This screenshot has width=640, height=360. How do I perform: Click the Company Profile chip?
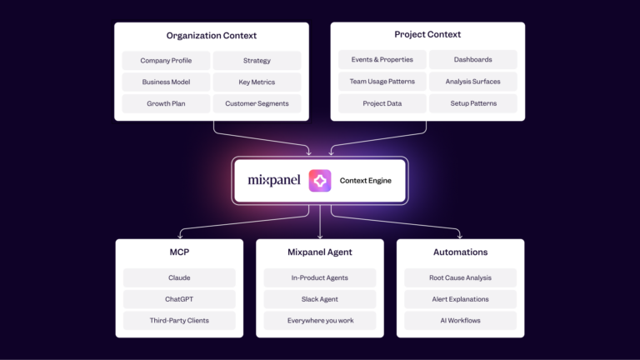pyautogui.click(x=166, y=60)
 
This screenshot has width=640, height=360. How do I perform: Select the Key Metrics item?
pyautogui.click(x=257, y=82)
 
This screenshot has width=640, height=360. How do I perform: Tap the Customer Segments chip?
pyautogui.click(x=257, y=103)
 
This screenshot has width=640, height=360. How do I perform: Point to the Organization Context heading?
pyautogui.click(x=212, y=36)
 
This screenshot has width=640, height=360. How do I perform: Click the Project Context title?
pyautogui.click(x=427, y=34)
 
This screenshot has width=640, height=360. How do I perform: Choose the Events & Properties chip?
pyautogui.click(x=382, y=60)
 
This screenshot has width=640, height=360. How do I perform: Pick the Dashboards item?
pyautogui.click(x=473, y=60)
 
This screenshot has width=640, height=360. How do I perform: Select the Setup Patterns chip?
pyautogui.click(x=473, y=103)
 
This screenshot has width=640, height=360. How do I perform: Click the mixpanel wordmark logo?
pyautogui.click(x=274, y=180)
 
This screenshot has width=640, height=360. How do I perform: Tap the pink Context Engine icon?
pyautogui.click(x=320, y=180)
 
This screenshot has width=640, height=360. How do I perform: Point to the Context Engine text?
pyautogui.click(x=365, y=180)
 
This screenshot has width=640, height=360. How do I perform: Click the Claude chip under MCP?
pyautogui.click(x=179, y=277)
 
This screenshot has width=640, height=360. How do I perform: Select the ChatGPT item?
pyautogui.click(x=179, y=299)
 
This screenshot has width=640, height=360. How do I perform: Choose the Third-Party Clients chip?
pyautogui.click(x=179, y=320)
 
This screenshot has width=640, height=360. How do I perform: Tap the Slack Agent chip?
pyautogui.click(x=320, y=299)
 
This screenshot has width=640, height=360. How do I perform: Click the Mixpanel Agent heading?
pyautogui.click(x=320, y=252)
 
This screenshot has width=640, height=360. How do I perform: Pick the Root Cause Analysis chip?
pyautogui.click(x=460, y=277)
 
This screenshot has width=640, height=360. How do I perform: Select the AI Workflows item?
pyautogui.click(x=460, y=320)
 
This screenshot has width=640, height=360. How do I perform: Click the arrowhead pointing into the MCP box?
pyautogui.click(x=180, y=236)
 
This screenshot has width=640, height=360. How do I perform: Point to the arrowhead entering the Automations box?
pyautogui.click(x=460, y=236)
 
